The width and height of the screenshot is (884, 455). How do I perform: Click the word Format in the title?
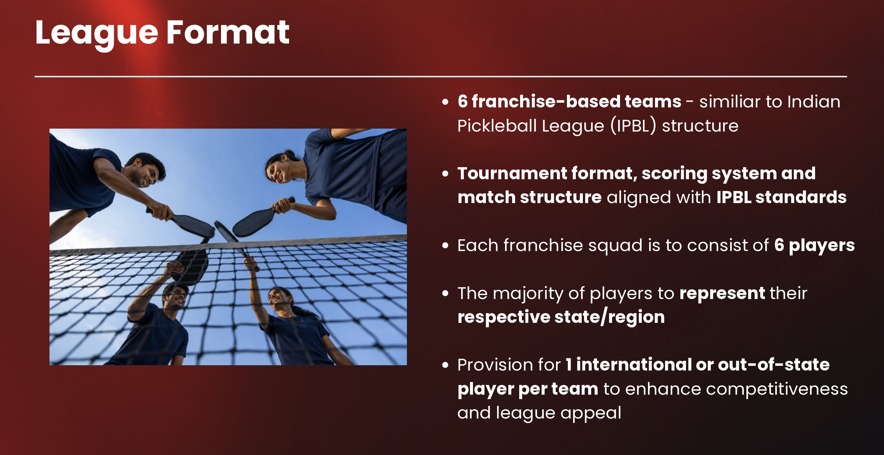228,33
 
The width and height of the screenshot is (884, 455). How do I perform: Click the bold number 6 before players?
779,245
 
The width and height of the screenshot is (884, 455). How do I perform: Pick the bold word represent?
722,294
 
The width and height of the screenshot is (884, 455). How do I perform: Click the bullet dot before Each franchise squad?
446,245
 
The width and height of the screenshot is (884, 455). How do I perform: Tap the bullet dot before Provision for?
446,365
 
